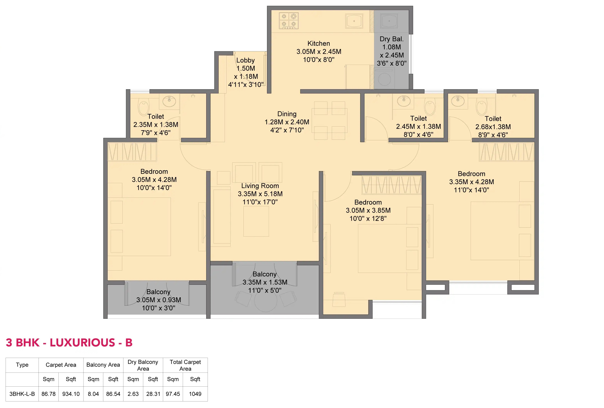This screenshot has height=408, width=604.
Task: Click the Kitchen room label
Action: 319,43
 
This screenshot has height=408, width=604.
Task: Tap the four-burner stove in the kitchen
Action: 289,21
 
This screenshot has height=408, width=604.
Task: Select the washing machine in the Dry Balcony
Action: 384,78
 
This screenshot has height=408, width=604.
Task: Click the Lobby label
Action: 245,60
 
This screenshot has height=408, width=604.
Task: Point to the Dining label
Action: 287,114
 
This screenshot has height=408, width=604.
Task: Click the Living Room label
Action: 260,186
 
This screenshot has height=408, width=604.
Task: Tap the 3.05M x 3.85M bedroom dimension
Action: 368,210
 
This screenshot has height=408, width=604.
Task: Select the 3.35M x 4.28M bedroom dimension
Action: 471,182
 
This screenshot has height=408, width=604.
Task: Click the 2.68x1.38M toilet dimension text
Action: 493,127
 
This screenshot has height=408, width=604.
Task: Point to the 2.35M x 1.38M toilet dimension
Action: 156,125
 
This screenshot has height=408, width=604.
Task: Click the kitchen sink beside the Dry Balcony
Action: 354,21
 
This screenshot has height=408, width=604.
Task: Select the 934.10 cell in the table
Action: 71,394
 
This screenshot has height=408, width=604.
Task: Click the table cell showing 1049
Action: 195,394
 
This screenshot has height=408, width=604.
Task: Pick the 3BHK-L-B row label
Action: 22,394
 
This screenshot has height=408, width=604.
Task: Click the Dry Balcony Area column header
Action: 143,365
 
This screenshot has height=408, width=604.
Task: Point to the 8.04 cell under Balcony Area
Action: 93,394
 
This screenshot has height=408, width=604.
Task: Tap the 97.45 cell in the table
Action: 173,394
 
